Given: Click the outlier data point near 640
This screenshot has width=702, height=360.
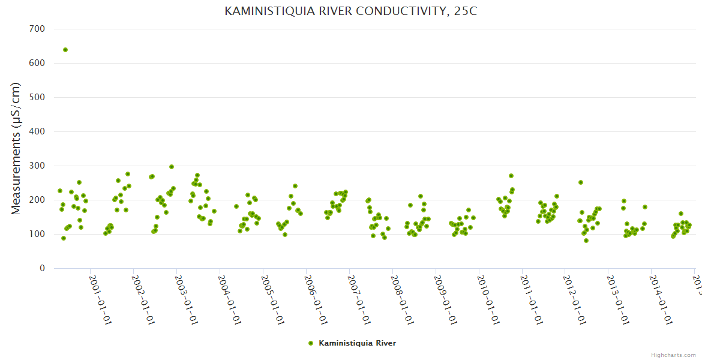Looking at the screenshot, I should point(65,50).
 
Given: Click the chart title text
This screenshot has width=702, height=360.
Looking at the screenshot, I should point(351,11).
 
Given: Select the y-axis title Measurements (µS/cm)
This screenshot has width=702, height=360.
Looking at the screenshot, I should point(16,148).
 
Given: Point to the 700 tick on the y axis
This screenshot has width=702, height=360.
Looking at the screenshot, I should point(37,29).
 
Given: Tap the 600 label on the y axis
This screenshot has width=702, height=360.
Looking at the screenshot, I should point(37,63).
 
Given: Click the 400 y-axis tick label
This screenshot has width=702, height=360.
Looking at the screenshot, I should point(37,131).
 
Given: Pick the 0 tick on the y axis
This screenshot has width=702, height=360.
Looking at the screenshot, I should point(42,268).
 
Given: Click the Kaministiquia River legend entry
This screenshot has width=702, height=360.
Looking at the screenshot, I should point(357,343).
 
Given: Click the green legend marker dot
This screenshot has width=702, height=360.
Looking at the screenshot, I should point(311,343).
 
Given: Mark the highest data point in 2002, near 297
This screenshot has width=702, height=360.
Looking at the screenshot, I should point(172,167).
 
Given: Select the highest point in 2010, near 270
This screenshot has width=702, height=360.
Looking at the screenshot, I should point(511,176).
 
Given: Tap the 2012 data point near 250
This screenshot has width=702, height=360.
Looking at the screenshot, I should point(581,182).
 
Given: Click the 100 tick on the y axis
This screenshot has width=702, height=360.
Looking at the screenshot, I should point(37,234).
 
